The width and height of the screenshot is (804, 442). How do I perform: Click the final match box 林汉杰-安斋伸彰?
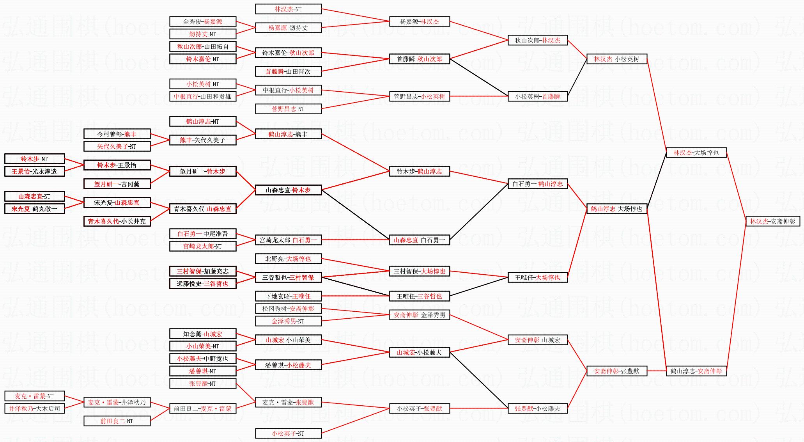(x=772, y=221)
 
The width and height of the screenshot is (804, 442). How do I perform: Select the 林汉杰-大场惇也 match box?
(x=696, y=153)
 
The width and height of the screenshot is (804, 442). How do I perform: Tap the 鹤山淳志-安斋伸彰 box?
(x=696, y=371)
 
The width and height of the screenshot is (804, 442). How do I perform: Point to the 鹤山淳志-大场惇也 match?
(x=616, y=209)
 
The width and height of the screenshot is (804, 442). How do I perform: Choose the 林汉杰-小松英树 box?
(x=616, y=59)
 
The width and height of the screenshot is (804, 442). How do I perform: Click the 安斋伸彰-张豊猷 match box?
(x=616, y=371)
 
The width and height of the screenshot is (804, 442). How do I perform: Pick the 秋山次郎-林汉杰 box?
(x=537, y=40)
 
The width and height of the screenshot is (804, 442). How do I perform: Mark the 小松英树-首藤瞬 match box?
(x=537, y=96)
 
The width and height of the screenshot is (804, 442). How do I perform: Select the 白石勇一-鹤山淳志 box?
(x=537, y=184)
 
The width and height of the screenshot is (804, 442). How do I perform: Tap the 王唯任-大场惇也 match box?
(x=537, y=277)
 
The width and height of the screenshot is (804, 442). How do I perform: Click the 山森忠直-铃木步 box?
(x=288, y=190)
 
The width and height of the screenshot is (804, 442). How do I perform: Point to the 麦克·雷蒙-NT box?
(x=34, y=396)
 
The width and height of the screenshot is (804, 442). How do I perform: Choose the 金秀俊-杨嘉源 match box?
(x=203, y=21)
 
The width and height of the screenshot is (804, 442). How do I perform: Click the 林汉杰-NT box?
(x=288, y=9)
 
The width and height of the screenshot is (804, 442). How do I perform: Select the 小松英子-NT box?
(x=288, y=433)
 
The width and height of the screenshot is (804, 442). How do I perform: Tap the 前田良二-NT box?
(x=117, y=421)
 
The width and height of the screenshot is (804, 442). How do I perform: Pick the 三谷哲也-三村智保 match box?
(x=288, y=277)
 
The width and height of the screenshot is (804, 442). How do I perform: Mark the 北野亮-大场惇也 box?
(x=288, y=259)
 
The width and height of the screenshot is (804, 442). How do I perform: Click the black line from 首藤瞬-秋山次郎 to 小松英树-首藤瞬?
(x=479, y=78)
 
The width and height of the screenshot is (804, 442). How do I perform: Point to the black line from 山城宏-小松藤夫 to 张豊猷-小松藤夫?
(x=479, y=380)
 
